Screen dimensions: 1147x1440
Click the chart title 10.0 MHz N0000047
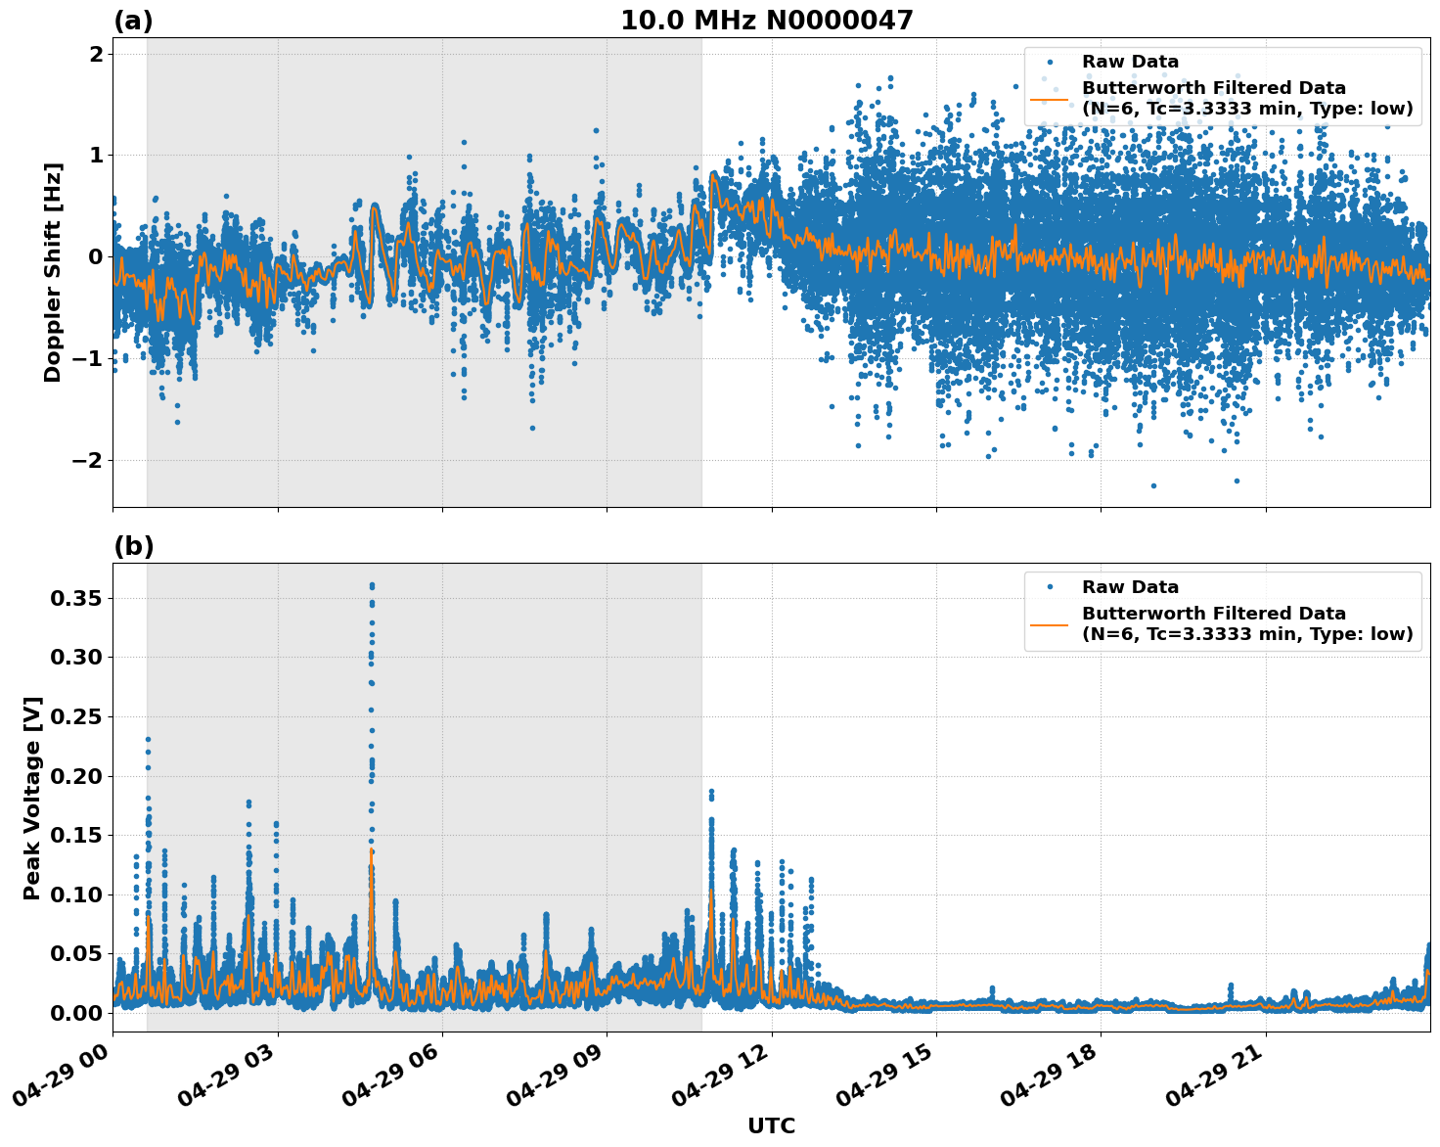coord(767,21)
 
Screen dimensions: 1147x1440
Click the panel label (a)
coord(133,21)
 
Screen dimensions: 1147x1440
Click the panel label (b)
coord(133,546)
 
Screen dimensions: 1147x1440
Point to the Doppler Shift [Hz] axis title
coord(53,272)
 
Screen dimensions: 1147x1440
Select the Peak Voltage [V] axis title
coord(32,798)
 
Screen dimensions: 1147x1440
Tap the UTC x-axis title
coord(771,1125)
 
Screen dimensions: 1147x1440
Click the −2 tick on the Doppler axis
coord(91,460)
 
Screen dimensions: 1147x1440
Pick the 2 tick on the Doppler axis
coord(97,54)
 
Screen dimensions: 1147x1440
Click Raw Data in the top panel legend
coord(1130,62)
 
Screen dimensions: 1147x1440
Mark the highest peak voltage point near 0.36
coord(372,585)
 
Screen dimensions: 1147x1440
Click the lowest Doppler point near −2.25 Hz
coord(1153,485)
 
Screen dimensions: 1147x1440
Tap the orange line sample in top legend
coord(1050,98)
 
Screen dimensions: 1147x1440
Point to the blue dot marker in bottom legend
coord(1050,587)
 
